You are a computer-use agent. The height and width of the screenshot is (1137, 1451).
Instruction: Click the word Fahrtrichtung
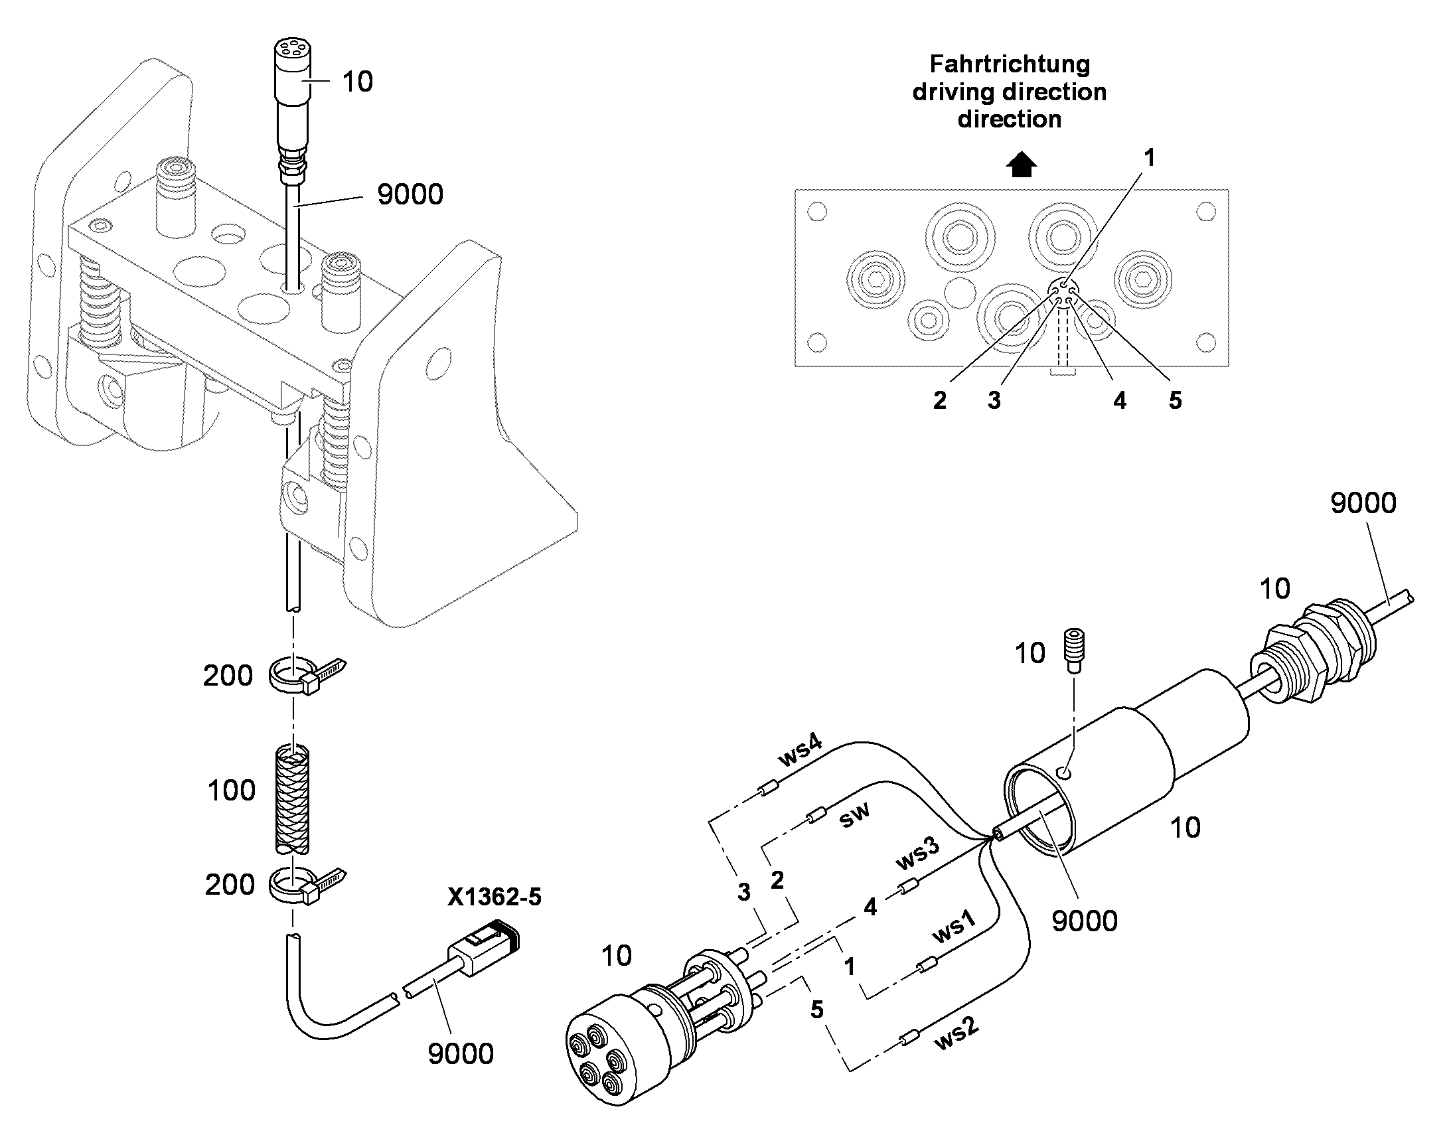tap(1010, 64)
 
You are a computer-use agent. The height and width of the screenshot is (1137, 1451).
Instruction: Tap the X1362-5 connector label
tap(495, 897)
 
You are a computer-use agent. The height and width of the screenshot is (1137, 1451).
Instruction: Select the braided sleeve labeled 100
tap(292, 800)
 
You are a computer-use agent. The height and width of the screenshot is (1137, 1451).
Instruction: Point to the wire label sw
tap(855, 816)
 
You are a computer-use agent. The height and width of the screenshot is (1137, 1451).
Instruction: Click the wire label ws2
tap(957, 1035)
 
